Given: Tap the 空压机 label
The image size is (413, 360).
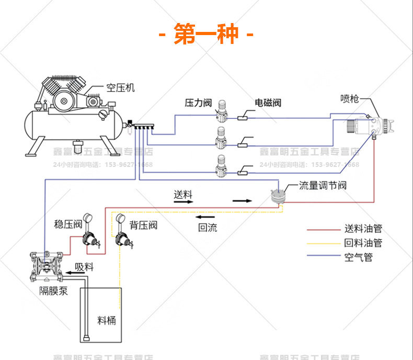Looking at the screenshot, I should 120,88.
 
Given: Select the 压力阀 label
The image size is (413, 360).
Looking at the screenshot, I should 197,103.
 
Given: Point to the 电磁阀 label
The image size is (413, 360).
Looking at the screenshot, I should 268,103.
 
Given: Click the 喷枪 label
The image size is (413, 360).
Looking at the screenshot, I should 349,98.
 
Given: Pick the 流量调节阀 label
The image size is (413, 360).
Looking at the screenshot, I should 323,185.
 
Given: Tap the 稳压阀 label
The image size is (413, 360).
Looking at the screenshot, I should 68,224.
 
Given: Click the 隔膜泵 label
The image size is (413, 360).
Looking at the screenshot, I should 53,291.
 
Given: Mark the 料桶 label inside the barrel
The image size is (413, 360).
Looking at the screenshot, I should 106,320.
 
